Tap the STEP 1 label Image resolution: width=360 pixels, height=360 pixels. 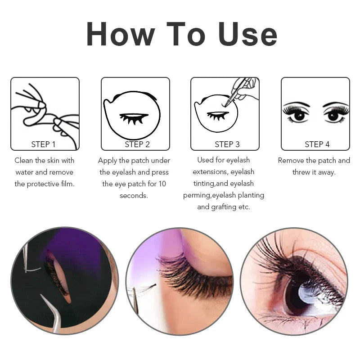tap(44, 144)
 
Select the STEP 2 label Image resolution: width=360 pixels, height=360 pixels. tap(137, 144)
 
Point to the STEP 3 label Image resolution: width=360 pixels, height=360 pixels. tap(227, 144)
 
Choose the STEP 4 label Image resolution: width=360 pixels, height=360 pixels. tap(317, 144)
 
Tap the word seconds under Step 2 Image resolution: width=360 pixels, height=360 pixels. tap(134, 195)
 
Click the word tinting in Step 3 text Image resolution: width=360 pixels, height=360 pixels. tap(204, 184)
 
